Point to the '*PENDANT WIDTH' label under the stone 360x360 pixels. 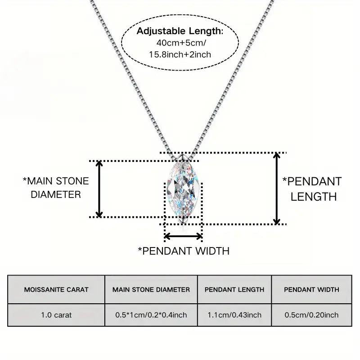point(184,251)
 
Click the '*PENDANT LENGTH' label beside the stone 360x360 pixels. point(312,189)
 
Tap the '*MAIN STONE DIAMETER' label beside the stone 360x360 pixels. point(56,188)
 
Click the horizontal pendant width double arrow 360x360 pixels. point(183,236)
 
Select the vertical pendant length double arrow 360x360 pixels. point(278,188)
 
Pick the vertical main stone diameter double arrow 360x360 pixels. point(100,189)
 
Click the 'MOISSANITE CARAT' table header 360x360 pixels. point(56,289)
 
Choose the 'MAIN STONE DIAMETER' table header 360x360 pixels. point(151,289)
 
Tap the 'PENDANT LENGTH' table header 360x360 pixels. point(234,289)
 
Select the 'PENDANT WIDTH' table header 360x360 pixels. point(311,289)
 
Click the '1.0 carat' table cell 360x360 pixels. point(56,315)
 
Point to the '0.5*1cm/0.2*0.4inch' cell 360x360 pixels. point(151,315)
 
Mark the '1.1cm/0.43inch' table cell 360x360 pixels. point(234,315)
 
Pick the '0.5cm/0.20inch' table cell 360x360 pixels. point(311,315)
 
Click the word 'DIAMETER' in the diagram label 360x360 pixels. point(56,194)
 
